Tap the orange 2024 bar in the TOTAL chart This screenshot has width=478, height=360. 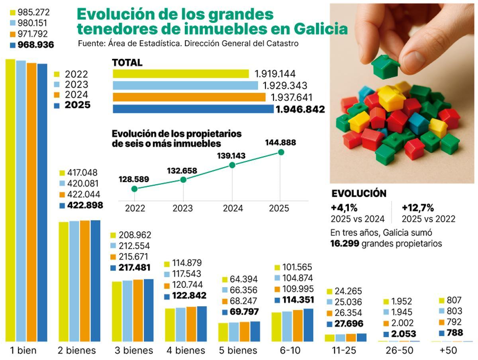tap(189, 97)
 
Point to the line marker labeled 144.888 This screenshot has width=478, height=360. tap(281, 152)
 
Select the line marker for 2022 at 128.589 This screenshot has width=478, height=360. tap(134, 189)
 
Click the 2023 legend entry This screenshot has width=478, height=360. tap(76, 84)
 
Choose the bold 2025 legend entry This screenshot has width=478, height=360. tap(77, 105)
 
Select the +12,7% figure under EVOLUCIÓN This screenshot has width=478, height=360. tap(417, 208)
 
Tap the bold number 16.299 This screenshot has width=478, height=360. tap(345, 244)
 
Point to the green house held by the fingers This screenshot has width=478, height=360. tap(385, 67)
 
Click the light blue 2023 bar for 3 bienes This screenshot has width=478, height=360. tap(127, 311)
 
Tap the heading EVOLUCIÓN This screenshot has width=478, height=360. tap(358, 194)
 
